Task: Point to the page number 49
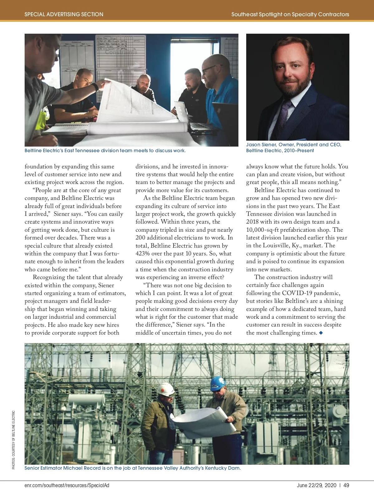pyautogui.click(x=346, y=485)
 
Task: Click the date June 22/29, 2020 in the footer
pyautogui.click(x=317, y=485)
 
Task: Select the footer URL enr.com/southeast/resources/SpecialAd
pyautogui.click(x=67, y=485)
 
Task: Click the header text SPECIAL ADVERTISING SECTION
pyautogui.click(x=64, y=14)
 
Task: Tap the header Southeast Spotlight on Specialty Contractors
pyautogui.click(x=290, y=14)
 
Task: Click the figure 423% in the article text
pyautogui.click(x=143, y=254)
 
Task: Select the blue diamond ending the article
pyautogui.click(x=321, y=333)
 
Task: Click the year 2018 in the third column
pyautogui.click(x=252, y=222)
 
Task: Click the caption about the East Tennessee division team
pyautogui.click(x=105, y=151)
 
